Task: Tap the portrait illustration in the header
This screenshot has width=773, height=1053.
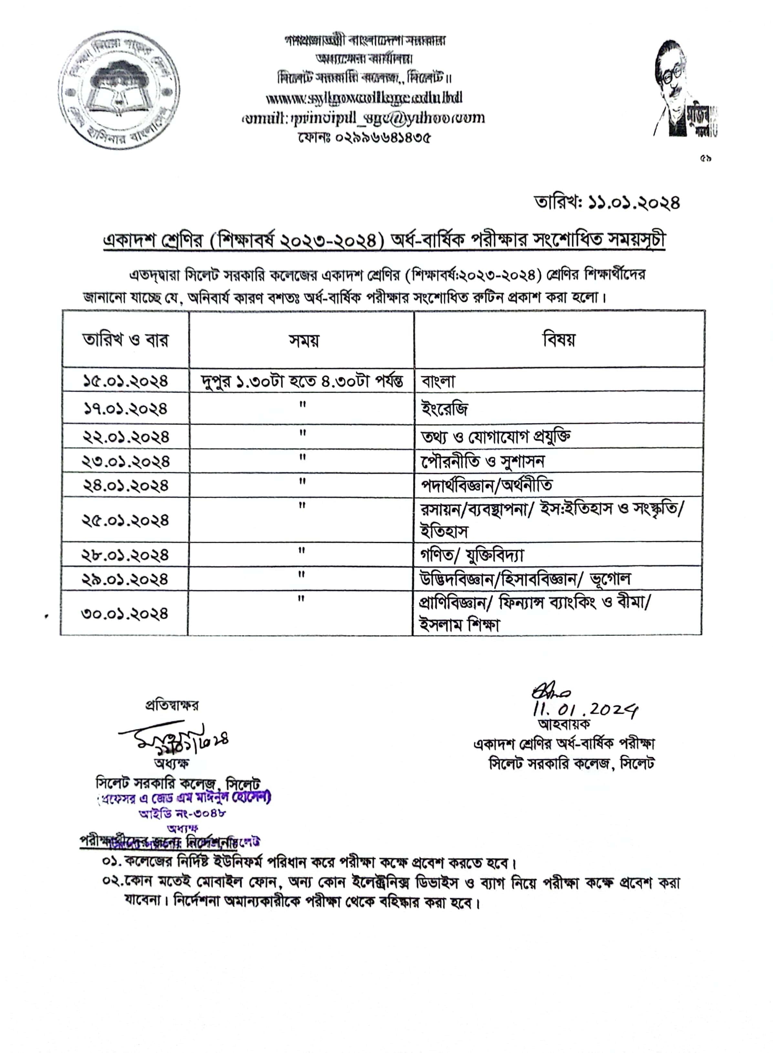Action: (x=685, y=89)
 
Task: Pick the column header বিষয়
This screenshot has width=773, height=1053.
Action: (x=559, y=339)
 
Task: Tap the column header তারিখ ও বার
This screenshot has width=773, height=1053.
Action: (x=125, y=339)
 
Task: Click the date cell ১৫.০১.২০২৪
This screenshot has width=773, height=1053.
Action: (x=125, y=381)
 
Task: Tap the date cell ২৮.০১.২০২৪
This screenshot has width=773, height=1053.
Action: (x=125, y=555)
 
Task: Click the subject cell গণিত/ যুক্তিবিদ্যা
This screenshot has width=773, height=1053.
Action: (x=472, y=555)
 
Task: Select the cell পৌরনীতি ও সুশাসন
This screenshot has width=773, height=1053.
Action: (x=482, y=462)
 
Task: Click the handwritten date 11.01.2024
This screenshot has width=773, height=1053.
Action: (x=585, y=711)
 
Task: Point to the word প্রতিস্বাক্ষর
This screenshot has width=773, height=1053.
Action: (x=172, y=705)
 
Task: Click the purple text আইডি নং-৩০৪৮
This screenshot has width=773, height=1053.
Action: (x=183, y=813)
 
